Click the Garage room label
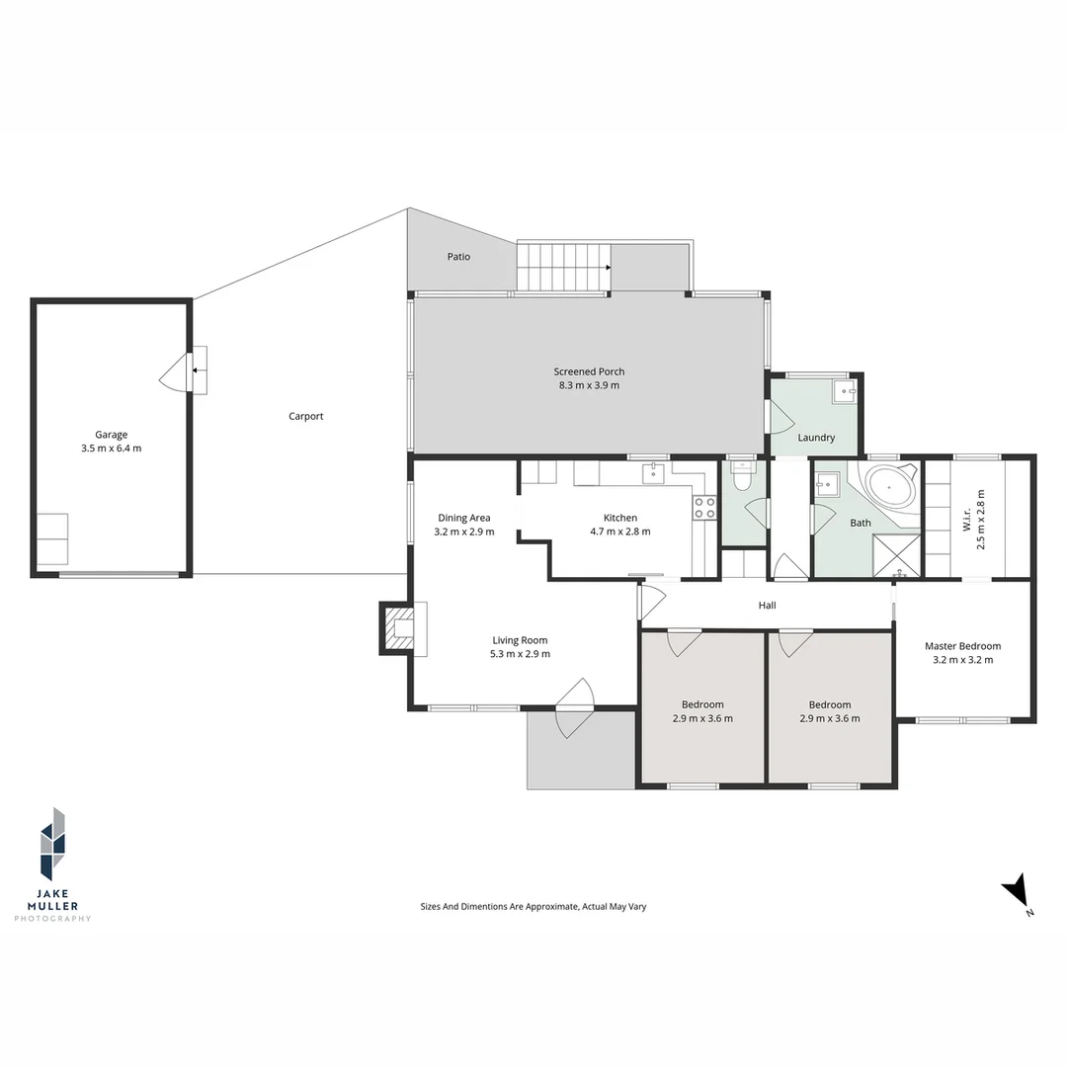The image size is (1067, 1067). coord(111,435)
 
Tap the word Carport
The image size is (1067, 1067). coord(305,416)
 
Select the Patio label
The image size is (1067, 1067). coord(458,257)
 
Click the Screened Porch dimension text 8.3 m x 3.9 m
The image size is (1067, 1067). coord(589,385)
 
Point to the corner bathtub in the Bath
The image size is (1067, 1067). coord(891,487)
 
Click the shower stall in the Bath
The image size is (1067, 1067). coord(896,554)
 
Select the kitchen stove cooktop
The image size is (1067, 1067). coord(704,508)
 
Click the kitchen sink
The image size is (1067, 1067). coord(653,473)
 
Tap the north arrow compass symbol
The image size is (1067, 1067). coord(1018,893)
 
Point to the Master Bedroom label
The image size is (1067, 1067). coord(962,646)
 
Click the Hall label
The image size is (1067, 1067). coord(768,605)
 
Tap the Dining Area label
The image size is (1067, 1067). coord(464,518)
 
